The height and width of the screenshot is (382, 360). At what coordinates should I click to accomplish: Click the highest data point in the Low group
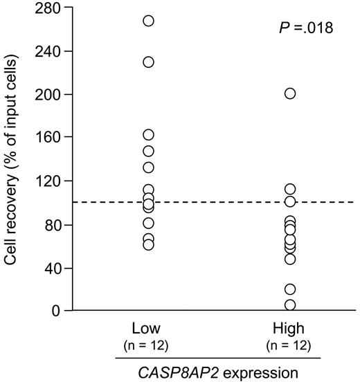coord(148,21)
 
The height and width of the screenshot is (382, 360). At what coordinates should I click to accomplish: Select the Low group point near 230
coord(148,62)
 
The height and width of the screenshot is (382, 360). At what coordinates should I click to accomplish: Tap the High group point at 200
coord(290,93)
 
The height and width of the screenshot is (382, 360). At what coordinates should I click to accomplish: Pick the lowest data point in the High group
coord(290,304)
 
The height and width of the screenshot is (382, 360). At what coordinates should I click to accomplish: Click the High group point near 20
coord(290,289)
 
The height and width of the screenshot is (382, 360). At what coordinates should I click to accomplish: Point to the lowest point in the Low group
coord(148,245)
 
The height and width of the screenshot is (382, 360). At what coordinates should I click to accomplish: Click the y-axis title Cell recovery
coord(11,159)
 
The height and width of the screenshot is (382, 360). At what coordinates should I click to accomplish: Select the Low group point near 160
coord(148,135)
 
